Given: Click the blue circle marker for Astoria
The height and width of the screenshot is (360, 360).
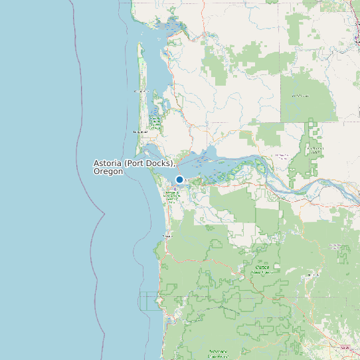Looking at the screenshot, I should (179, 179).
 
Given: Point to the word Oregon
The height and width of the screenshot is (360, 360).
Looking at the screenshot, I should (108, 171).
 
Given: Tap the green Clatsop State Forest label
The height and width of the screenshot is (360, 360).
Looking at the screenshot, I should (263, 269).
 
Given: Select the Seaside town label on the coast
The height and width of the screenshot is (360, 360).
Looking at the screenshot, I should (167, 235).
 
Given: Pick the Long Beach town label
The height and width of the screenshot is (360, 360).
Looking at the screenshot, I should (139, 132).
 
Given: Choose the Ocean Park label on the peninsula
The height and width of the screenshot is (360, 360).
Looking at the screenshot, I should (140, 91).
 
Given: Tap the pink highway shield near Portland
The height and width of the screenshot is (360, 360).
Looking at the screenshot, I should (343, 347).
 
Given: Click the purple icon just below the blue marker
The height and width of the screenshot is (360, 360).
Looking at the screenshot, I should (175, 187).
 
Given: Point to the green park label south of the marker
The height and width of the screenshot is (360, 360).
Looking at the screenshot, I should (171, 195).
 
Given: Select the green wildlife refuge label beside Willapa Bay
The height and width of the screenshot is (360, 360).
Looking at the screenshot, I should (155, 122).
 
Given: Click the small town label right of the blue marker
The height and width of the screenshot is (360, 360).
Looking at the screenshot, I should (188, 179).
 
